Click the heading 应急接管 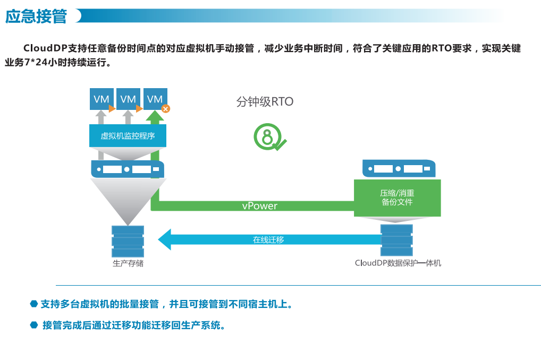[36, 16]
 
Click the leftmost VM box [101, 99]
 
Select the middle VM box [128, 99]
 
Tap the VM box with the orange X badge [155, 99]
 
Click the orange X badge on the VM [166, 109]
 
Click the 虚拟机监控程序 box [128, 136]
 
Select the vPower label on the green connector [259, 206]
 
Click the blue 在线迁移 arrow [268, 239]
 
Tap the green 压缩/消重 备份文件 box [397, 198]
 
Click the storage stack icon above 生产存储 [128, 241]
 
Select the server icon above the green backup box [398, 168]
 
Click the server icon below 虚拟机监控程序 [128, 169]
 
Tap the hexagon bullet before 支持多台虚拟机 [34, 304]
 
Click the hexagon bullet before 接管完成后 [34, 325]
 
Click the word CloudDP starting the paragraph [45, 48]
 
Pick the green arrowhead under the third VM [155, 117]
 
